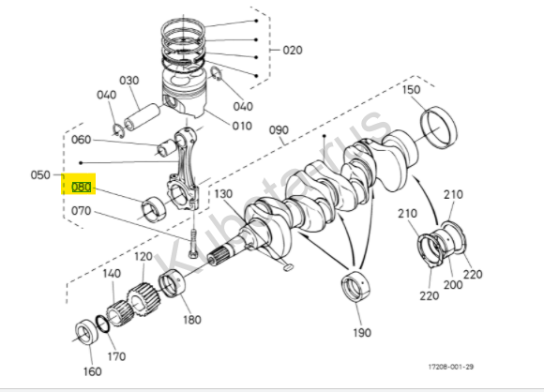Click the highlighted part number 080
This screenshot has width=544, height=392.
pos(82,188)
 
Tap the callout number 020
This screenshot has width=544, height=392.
pos(293,50)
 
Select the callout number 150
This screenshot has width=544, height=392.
pos(411,89)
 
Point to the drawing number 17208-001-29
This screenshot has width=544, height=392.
pos(450,367)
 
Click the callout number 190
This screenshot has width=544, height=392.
pos(362,333)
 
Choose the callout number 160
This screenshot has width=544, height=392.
pos(92,371)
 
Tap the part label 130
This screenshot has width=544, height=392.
pos(223,193)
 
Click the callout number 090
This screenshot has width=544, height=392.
pos(279,130)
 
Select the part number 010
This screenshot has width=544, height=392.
pos(242,126)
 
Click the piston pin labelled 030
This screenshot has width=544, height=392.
pos(143,117)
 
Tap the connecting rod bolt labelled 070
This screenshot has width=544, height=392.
pos(193,244)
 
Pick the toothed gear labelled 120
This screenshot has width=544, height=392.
pos(143,300)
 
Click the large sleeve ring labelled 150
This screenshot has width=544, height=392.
pos(439,128)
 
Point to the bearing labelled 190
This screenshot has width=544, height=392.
pos(355,287)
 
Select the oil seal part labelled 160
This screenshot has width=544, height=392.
pos(86,332)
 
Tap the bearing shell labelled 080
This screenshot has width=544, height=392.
pos(154,209)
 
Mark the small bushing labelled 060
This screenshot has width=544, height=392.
pos(166,148)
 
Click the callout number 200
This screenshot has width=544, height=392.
pos(453,285)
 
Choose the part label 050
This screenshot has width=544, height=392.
pos(40,174)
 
